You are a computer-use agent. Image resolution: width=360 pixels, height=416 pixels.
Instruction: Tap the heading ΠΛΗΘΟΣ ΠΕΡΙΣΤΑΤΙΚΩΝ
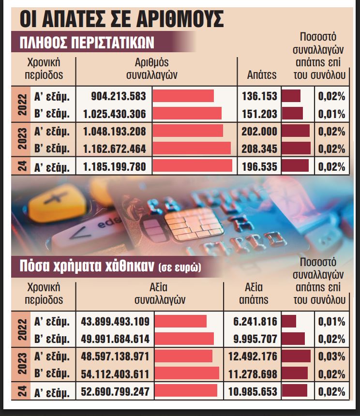(x=87, y=43)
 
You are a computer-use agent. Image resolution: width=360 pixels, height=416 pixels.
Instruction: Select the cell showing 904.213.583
(x=118, y=96)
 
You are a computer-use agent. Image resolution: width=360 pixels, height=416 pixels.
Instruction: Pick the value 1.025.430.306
(x=114, y=114)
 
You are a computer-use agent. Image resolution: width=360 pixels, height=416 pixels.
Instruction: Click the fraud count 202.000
(x=259, y=131)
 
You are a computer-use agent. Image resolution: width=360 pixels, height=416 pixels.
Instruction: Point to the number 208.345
(x=259, y=149)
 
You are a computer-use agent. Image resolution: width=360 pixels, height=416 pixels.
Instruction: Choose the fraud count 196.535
(x=259, y=167)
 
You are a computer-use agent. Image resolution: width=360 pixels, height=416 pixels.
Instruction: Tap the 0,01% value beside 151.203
(x=331, y=114)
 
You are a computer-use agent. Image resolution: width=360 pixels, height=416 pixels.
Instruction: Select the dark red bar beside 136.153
(x=291, y=96)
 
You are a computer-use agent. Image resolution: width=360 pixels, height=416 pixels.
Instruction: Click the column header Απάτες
(x=262, y=75)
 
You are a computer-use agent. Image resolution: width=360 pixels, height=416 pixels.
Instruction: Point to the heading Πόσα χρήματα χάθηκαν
(x=87, y=266)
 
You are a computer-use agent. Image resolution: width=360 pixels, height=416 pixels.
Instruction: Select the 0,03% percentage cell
(x=331, y=357)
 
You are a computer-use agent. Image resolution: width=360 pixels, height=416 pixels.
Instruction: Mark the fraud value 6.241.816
(x=258, y=321)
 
